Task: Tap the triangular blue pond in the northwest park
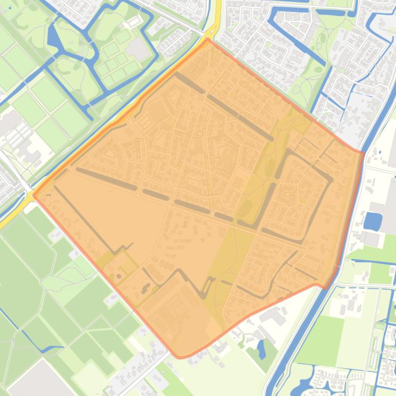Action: (x=54, y=36)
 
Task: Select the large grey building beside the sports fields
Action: (x=137, y=49)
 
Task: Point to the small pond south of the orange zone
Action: (x=261, y=350)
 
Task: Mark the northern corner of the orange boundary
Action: (x=208, y=40)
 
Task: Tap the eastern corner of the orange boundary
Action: (x=363, y=152)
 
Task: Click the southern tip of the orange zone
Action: (x=179, y=356)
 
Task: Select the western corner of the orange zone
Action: (x=33, y=194)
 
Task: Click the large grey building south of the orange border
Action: (x=273, y=317)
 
